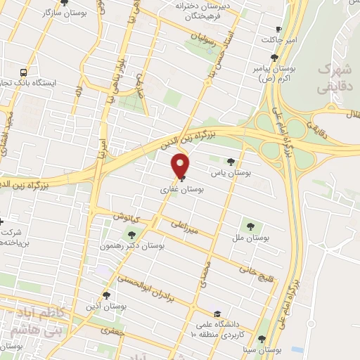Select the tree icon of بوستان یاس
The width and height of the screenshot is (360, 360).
[230, 162]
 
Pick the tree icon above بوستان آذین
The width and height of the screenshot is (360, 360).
[107, 295]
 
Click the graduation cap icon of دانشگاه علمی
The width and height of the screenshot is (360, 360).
[219, 314]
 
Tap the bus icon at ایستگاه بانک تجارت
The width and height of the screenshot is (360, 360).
[25, 72]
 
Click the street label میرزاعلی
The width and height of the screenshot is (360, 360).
[185, 226]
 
